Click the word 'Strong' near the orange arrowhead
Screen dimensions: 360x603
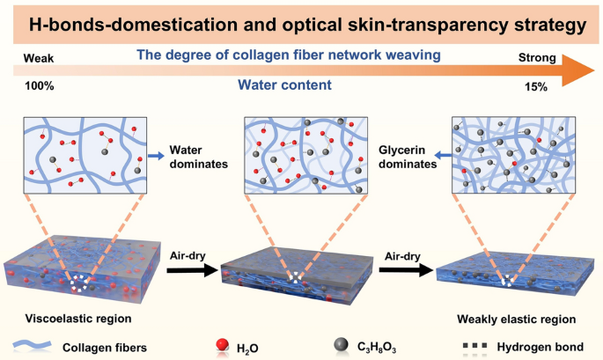point(536,59)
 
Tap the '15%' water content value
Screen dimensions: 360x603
point(537,87)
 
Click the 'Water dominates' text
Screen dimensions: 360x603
point(197,157)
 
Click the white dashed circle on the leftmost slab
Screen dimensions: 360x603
point(82,283)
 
